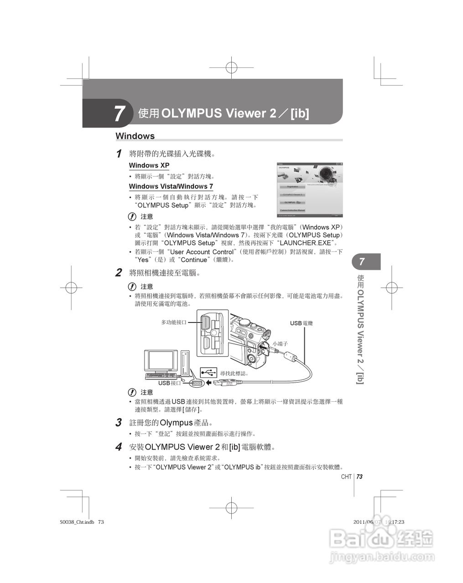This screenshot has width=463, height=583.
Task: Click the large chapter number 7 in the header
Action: click(120, 113)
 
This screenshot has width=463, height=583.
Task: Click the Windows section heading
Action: click(135, 136)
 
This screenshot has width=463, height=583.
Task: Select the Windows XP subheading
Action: click(149, 165)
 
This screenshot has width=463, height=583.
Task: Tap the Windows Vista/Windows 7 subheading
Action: click(171, 186)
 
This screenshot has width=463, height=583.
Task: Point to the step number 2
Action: click(119, 273)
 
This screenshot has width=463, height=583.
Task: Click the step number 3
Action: click(119, 423)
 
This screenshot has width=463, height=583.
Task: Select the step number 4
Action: click(119, 447)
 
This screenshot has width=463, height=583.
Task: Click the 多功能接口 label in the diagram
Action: click(173, 322)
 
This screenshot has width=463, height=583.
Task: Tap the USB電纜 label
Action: click(301, 323)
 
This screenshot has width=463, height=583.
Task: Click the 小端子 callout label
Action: click(280, 344)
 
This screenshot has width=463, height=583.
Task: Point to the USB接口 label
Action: click(169, 383)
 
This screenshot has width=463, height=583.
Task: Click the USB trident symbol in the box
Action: click(208, 373)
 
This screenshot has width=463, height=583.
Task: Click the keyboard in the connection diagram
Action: click(162, 376)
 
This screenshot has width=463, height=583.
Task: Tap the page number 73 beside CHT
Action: click(359, 476)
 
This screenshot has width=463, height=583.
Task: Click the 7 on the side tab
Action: click(362, 262)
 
